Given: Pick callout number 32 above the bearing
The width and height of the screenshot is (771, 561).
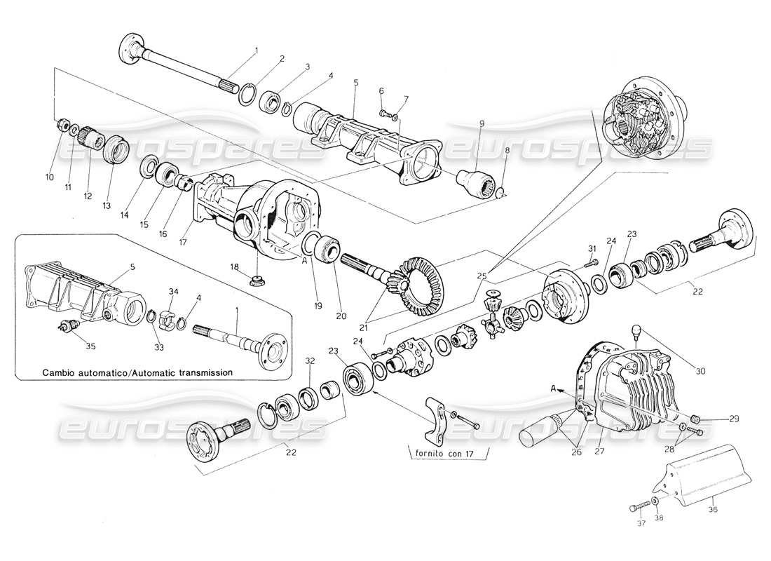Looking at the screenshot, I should click(310, 361).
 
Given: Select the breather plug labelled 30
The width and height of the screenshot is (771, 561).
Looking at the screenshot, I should click(637, 330).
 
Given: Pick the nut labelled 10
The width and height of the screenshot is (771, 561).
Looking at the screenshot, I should click(62, 126).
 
